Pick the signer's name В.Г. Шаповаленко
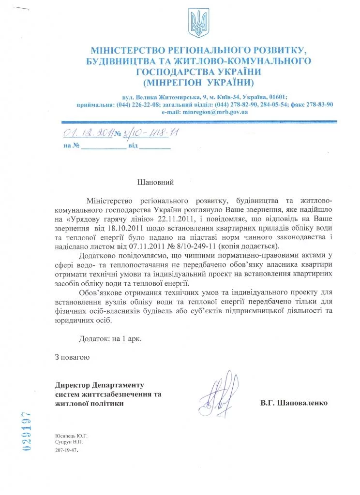294,402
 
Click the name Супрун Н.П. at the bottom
70,443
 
